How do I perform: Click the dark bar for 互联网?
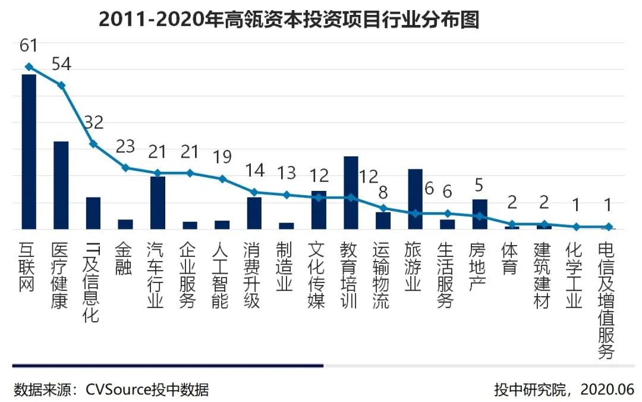click(29, 152)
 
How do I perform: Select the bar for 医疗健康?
click(61, 185)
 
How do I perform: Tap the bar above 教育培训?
click(351, 192)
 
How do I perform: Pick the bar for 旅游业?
click(415, 199)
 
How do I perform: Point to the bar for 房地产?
click(479, 213)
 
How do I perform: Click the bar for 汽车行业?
click(158, 202)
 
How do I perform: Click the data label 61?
click(29, 45)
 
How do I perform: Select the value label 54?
click(61, 64)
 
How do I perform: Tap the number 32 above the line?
click(93, 123)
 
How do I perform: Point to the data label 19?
click(222, 157)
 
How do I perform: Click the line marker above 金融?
click(125, 168)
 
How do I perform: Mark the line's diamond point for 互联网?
click(29, 67)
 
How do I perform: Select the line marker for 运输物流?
click(383, 208)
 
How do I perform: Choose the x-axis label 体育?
click(509, 258)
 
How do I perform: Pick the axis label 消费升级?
click(252, 275)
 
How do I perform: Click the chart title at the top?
click(288, 20)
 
